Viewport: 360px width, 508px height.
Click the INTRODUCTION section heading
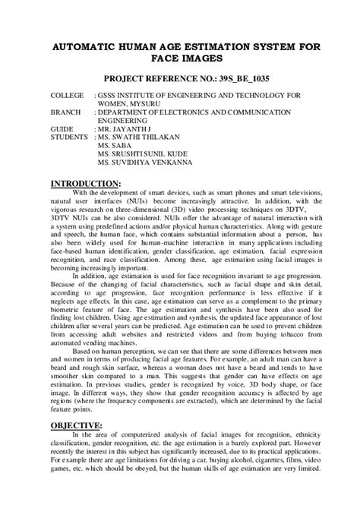point(84,184)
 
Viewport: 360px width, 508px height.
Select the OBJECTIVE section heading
point(76,425)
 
